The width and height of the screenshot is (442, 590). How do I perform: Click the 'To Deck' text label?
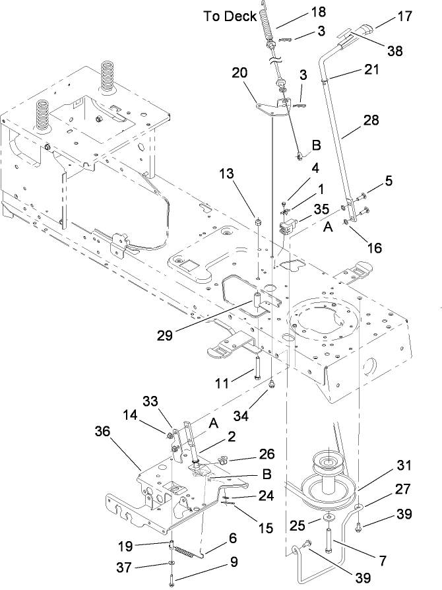point(230,17)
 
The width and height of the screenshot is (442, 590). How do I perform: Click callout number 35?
point(321,209)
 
